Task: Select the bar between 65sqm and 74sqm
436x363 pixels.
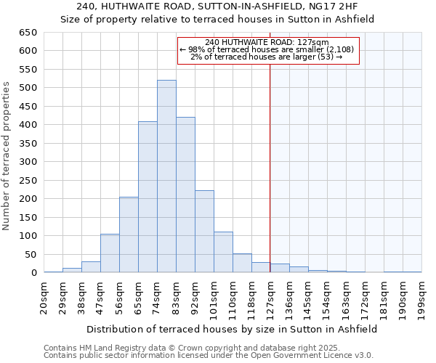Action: (148, 197)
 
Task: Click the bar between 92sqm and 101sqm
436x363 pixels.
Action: (204, 232)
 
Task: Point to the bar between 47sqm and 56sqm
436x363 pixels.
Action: (110, 253)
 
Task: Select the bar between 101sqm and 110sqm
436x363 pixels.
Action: (223, 252)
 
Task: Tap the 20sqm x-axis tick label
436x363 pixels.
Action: (44, 298)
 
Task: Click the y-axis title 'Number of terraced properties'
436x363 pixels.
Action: (7, 156)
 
